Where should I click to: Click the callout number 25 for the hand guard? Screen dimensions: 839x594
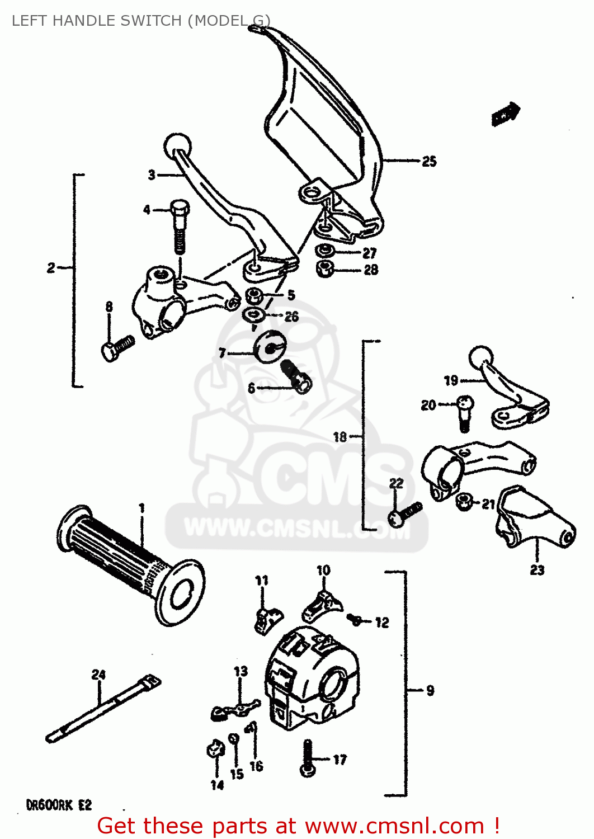429,162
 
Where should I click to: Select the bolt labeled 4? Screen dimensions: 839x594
179,224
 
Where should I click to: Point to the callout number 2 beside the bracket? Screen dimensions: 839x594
51,268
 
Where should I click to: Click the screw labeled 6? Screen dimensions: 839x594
295,376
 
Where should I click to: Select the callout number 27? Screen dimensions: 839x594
370,253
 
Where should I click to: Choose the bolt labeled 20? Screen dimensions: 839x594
464,413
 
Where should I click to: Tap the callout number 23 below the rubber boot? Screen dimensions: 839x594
537,570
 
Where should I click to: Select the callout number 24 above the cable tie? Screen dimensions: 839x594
98,675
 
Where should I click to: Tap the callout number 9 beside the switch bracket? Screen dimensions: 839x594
430,691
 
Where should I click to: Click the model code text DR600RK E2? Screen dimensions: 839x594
59,805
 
